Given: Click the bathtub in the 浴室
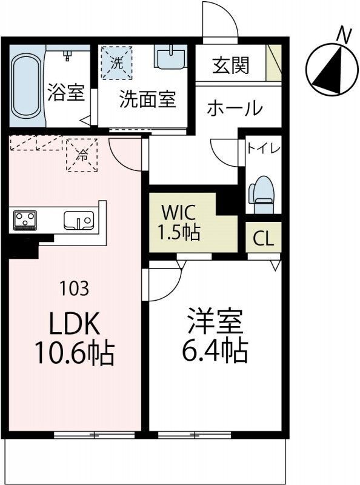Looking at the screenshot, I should [x=25, y=89].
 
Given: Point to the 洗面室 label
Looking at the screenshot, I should [x=147, y=99].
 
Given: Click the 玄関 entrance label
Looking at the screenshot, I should [x=230, y=65].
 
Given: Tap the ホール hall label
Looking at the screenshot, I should [x=235, y=109].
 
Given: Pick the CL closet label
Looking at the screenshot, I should [x=263, y=238].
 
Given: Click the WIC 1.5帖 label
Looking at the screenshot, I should [x=179, y=224].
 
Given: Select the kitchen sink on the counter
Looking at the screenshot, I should [x=78, y=220].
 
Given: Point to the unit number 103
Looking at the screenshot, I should [x=75, y=288].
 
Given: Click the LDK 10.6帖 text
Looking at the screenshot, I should [x=74, y=339].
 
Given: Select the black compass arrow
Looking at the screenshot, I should [x=328, y=69].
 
